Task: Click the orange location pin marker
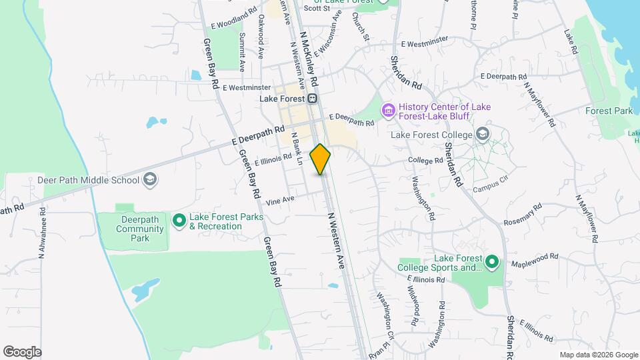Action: pyautogui.click(x=321, y=159)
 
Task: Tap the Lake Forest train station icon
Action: pyautogui.click(x=313, y=99)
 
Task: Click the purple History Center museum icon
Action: pyautogui.click(x=387, y=109)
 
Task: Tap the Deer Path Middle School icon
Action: pyautogui.click(x=151, y=179)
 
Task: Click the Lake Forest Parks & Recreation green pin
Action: pyautogui.click(x=179, y=220)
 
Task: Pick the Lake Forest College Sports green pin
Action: pyautogui.click(x=492, y=262)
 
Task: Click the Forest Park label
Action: pyautogui.click(x=609, y=111)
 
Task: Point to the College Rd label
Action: pyautogui.click(x=425, y=161)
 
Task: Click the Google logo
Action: pyautogui.click(x=22, y=351)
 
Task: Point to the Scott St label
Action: pyautogui.click(x=317, y=9)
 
